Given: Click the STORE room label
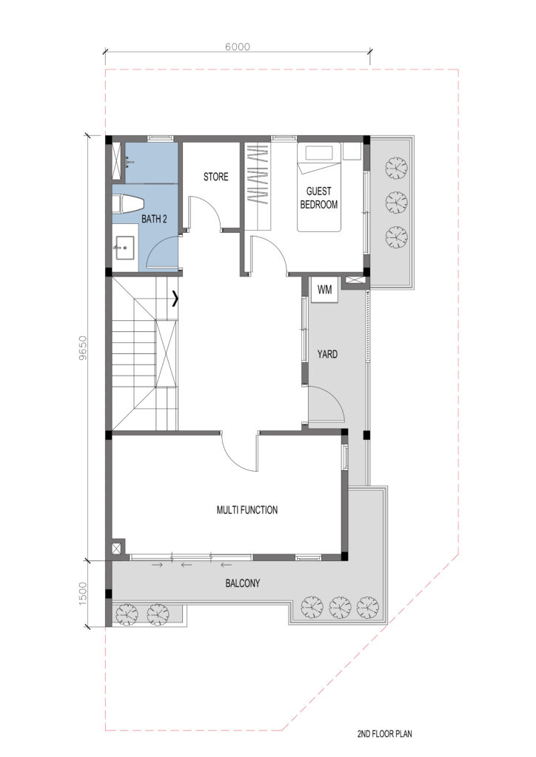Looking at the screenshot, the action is click(215, 177).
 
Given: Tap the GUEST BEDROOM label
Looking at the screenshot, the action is click(318, 198).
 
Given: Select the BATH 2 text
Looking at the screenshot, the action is click(154, 219).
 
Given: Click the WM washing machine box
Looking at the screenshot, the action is click(324, 290).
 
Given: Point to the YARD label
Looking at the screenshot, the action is click(327, 354).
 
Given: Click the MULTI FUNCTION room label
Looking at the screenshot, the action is click(247, 510).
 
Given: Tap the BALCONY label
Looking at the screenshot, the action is click(243, 583).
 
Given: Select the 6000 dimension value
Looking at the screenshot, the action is click(238, 47).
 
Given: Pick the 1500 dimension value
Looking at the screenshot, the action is click(83, 594).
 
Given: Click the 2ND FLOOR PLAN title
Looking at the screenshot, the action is click(385, 747).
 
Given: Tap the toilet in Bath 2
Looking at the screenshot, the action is click(127, 203).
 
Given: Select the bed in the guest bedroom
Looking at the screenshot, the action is click(319, 187).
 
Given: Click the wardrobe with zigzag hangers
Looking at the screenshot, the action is click(258, 186).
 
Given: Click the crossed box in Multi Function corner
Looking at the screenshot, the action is click(117, 549).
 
